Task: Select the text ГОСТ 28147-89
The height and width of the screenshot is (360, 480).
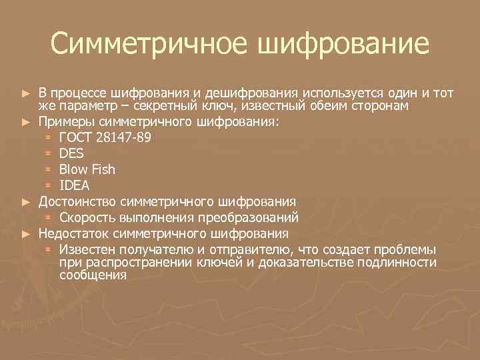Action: tap(109, 138)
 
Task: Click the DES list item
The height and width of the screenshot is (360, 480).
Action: tap(72, 154)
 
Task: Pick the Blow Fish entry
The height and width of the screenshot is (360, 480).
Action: tap(87, 169)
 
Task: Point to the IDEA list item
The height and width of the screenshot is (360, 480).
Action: tap(74, 185)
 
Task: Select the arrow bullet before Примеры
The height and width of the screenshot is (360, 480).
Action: tap(26, 123)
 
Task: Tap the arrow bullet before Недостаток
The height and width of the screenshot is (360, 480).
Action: tap(26, 234)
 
